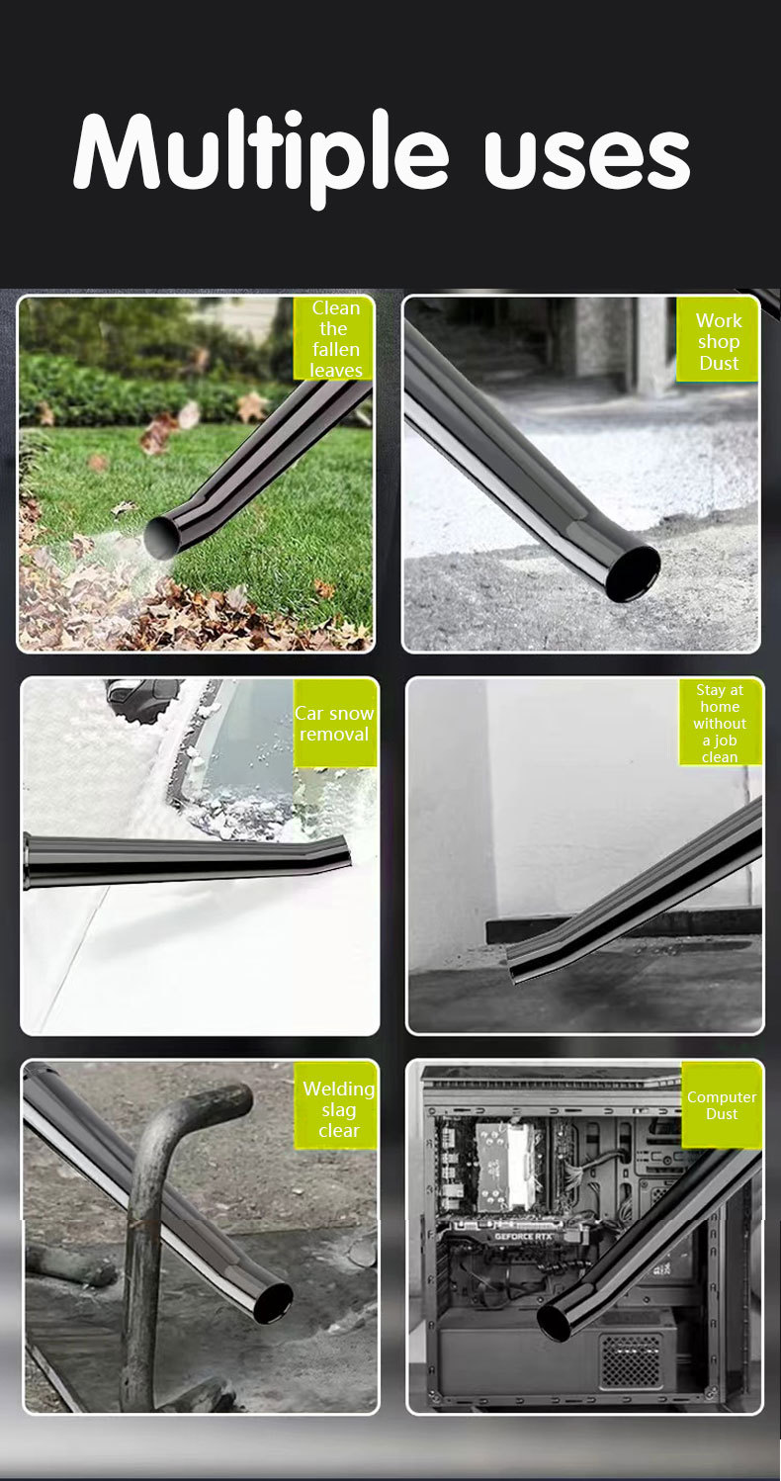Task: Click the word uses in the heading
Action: [x=587, y=157]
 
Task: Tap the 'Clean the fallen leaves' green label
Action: [x=334, y=338]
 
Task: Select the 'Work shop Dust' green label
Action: [x=718, y=340]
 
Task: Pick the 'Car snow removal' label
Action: [x=335, y=723]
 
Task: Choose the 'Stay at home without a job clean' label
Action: [x=720, y=723]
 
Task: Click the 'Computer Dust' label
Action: [x=722, y=1105]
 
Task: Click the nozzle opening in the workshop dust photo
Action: [x=633, y=573]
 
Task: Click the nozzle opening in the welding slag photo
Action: [x=273, y=1303]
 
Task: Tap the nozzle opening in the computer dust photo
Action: [x=555, y=1320]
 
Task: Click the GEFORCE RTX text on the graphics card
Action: [x=522, y=1236]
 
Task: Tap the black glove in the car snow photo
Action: [x=143, y=695]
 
